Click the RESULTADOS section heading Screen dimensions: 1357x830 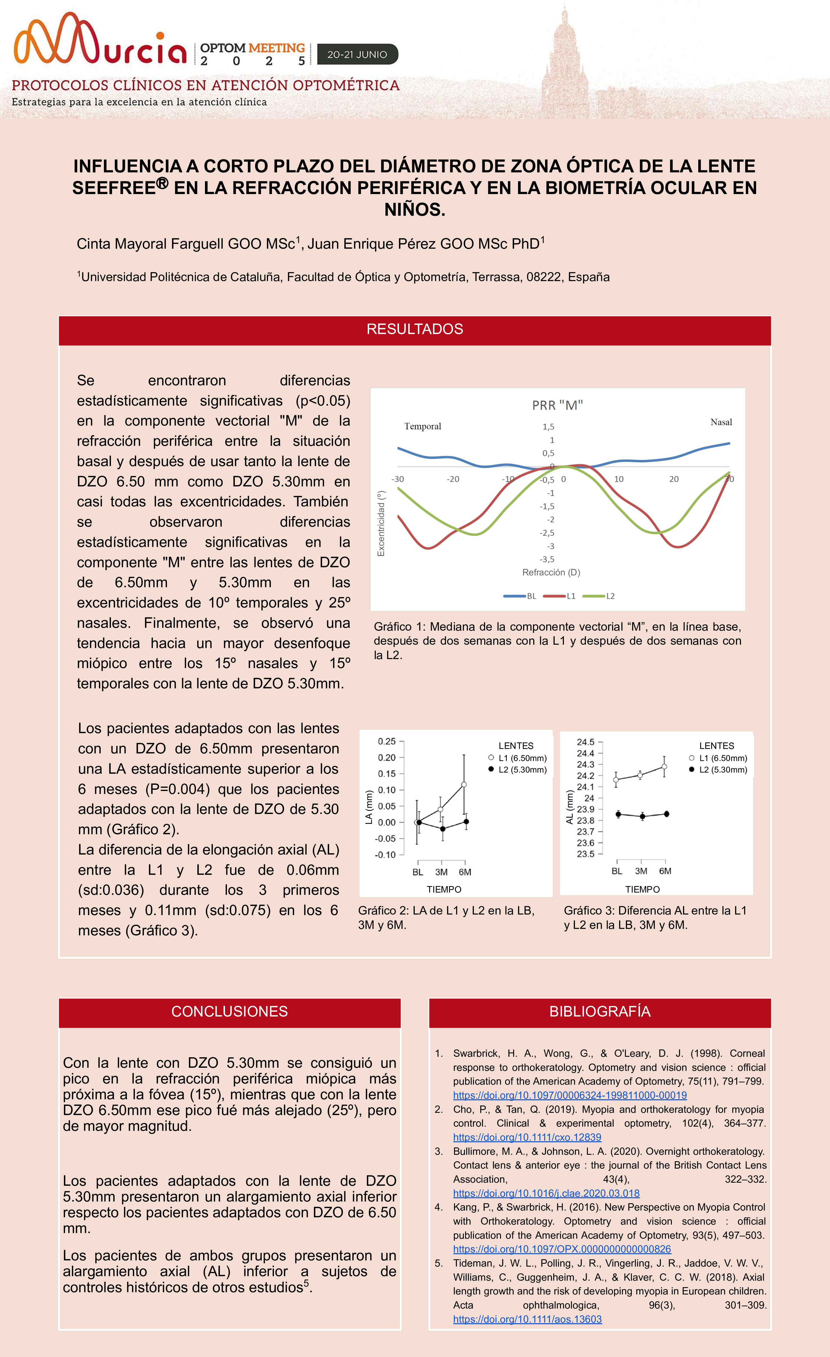click(414, 329)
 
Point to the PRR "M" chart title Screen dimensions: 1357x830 click(557, 405)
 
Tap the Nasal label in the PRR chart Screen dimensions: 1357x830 click(720, 422)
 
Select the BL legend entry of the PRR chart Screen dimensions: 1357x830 click(531, 596)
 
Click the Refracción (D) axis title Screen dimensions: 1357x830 click(551, 572)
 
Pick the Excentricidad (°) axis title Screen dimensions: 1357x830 click(381, 524)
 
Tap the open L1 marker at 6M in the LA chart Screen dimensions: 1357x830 click(464, 784)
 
